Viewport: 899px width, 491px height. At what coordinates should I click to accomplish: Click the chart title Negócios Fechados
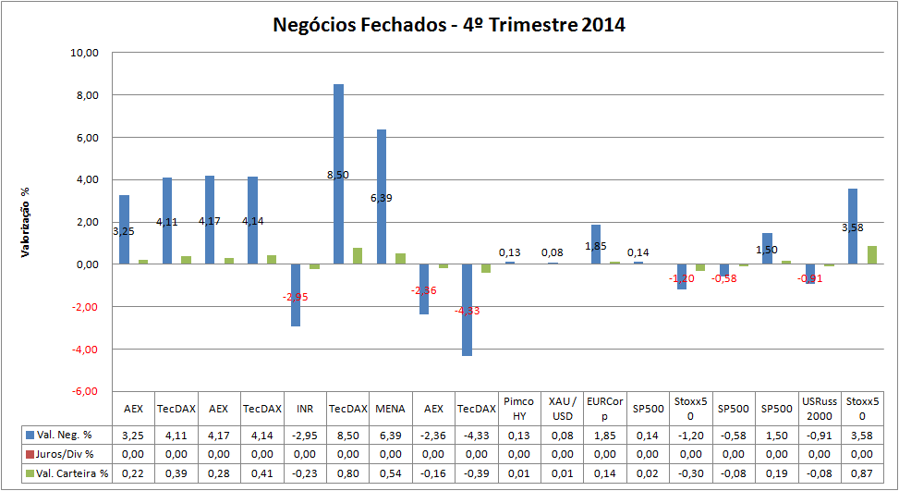point(449,25)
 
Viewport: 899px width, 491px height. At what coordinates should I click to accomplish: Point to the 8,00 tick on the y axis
point(85,95)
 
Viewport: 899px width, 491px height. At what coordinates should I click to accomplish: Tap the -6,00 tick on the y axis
point(85,391)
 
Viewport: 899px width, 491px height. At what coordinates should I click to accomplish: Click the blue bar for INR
point(296,295)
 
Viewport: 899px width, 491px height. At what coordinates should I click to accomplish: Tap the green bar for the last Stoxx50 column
point(872,255)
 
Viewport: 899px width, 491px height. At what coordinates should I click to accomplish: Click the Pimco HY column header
point(518,409)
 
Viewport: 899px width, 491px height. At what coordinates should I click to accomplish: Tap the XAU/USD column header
point(561,409)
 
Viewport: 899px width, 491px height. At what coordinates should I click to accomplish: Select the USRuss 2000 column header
point(817,409)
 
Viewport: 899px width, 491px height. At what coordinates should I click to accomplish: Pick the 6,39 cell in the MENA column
point(390,435)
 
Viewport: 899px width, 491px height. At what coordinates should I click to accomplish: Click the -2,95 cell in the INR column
point(305,435)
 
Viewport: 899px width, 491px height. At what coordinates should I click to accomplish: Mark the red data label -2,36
point(424,290)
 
